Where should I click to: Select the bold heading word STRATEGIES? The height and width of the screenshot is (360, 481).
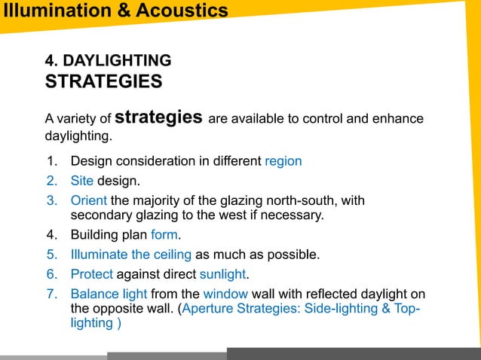click(103, 81)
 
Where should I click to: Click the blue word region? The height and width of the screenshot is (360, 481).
click(283, 161)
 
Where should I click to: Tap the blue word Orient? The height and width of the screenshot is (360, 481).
click(89, 200)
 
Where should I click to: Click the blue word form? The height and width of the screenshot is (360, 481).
click(164, 235)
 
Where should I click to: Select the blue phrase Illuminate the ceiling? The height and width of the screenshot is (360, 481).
click(130, 255)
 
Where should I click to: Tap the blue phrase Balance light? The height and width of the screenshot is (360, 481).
click(111, 294)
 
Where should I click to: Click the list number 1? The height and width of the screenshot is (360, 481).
click(51, 161)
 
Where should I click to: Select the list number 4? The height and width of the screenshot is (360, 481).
click(51, 235)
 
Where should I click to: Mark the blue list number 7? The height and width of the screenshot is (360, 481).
click(51, 294)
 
